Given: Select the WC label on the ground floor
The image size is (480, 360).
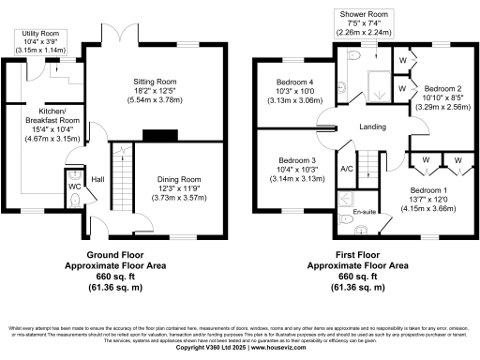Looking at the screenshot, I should (x=75, y=187).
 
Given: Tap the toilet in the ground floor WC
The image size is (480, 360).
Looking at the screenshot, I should (x=74, y=173).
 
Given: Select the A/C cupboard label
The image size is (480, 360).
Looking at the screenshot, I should (x=346, y=169).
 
